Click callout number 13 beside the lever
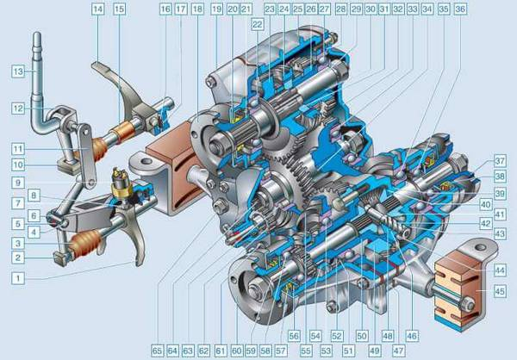click(x=18, y=71)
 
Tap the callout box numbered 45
click(x=500, y=291)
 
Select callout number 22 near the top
click(x=257, y=24)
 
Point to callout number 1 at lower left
click(x=18, y=278)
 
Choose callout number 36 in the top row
click(x=460, y=9)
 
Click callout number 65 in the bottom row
click(x=158, y=351)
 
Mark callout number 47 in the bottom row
click(x=398, y=351)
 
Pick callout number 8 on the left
click(x=34, y=196)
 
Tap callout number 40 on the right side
click(x=485, y=205)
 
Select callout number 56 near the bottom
click(x=294, y=336)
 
